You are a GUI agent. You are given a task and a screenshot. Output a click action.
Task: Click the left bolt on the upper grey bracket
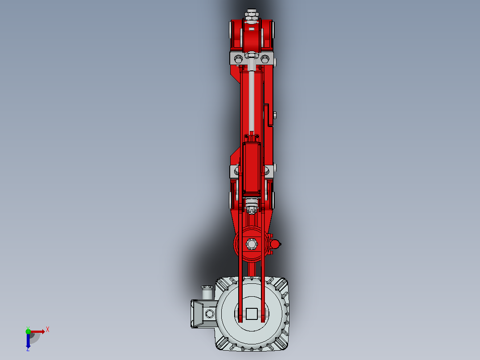point(238,58)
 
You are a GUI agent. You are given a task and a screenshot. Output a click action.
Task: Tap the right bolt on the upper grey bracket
point(265,58)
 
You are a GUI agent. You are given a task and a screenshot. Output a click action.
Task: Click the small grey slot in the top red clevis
point(252,29)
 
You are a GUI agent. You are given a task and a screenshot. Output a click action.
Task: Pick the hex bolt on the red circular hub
point(252,244)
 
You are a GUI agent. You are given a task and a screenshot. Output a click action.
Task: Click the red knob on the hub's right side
point(275,244)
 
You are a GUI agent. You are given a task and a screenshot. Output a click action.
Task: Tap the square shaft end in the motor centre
point(252,314)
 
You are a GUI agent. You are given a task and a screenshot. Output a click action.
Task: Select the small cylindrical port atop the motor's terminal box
point(207,292)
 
